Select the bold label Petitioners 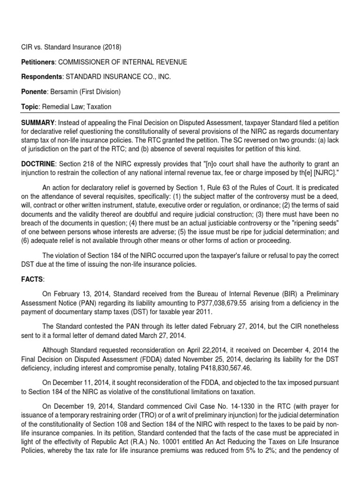coord(37,62)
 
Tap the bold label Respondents coord(38,77)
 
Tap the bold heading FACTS coord(31,279)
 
